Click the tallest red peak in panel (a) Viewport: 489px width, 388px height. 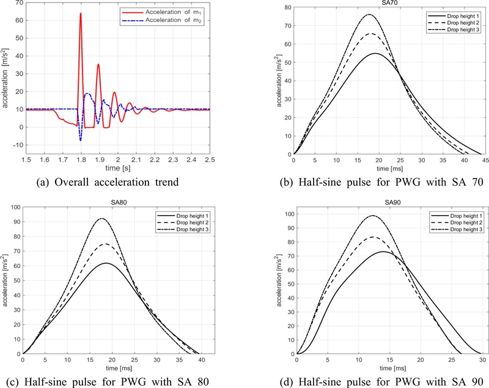[80, 13]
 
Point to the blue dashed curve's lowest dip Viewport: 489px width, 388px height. [80, 141]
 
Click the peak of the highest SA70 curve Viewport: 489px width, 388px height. [369, 15]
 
